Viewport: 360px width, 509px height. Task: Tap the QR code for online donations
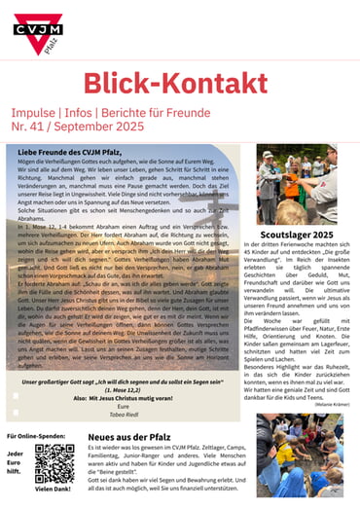coord(54,465)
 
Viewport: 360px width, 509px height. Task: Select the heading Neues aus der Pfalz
coord(129,438)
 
